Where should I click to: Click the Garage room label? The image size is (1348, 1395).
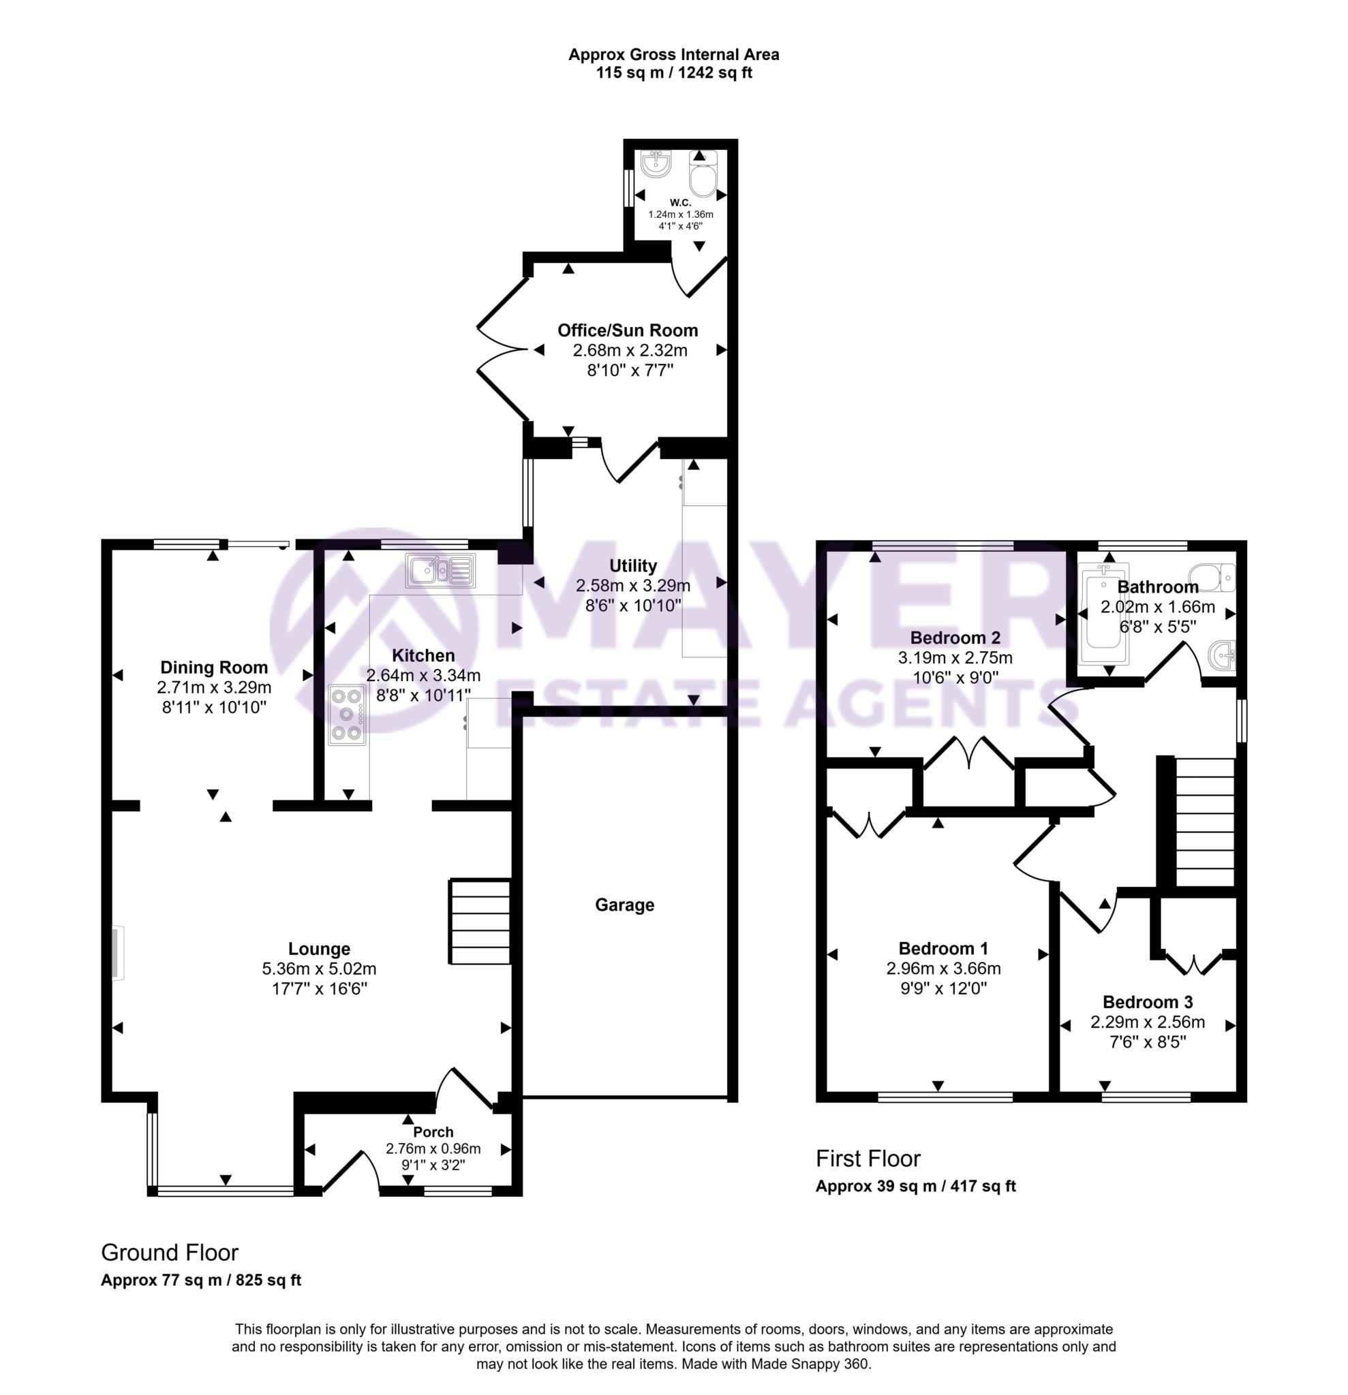click(x=624, y=905)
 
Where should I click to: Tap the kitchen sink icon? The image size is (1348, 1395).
click(x=440, y=570)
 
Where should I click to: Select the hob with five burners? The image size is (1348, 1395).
click(x=347, y=714)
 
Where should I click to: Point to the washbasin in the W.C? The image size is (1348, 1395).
click(x=655, y=164)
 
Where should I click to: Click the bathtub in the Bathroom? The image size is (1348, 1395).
click(x=1103, y=614)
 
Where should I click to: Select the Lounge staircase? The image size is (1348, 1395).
click(x=479, y=922)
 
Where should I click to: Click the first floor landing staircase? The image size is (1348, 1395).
click(x=1203, y=821)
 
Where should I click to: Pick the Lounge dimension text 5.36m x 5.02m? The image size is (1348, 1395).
click(x=319, y=969)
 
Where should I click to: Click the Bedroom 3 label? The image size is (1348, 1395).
click(x=1147, y=1002)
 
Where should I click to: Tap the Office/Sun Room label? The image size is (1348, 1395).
click(x=628, y=330)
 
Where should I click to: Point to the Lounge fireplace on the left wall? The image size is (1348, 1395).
click(x=117, y=953)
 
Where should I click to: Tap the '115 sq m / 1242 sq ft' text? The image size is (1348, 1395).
click(x=673, y=73)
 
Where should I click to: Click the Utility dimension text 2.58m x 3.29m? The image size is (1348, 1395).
click(x=632, y=586)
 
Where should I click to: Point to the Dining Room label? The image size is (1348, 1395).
click(x=213, y=668)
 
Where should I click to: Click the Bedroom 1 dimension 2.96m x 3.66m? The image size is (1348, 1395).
click(x=943, y=969)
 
